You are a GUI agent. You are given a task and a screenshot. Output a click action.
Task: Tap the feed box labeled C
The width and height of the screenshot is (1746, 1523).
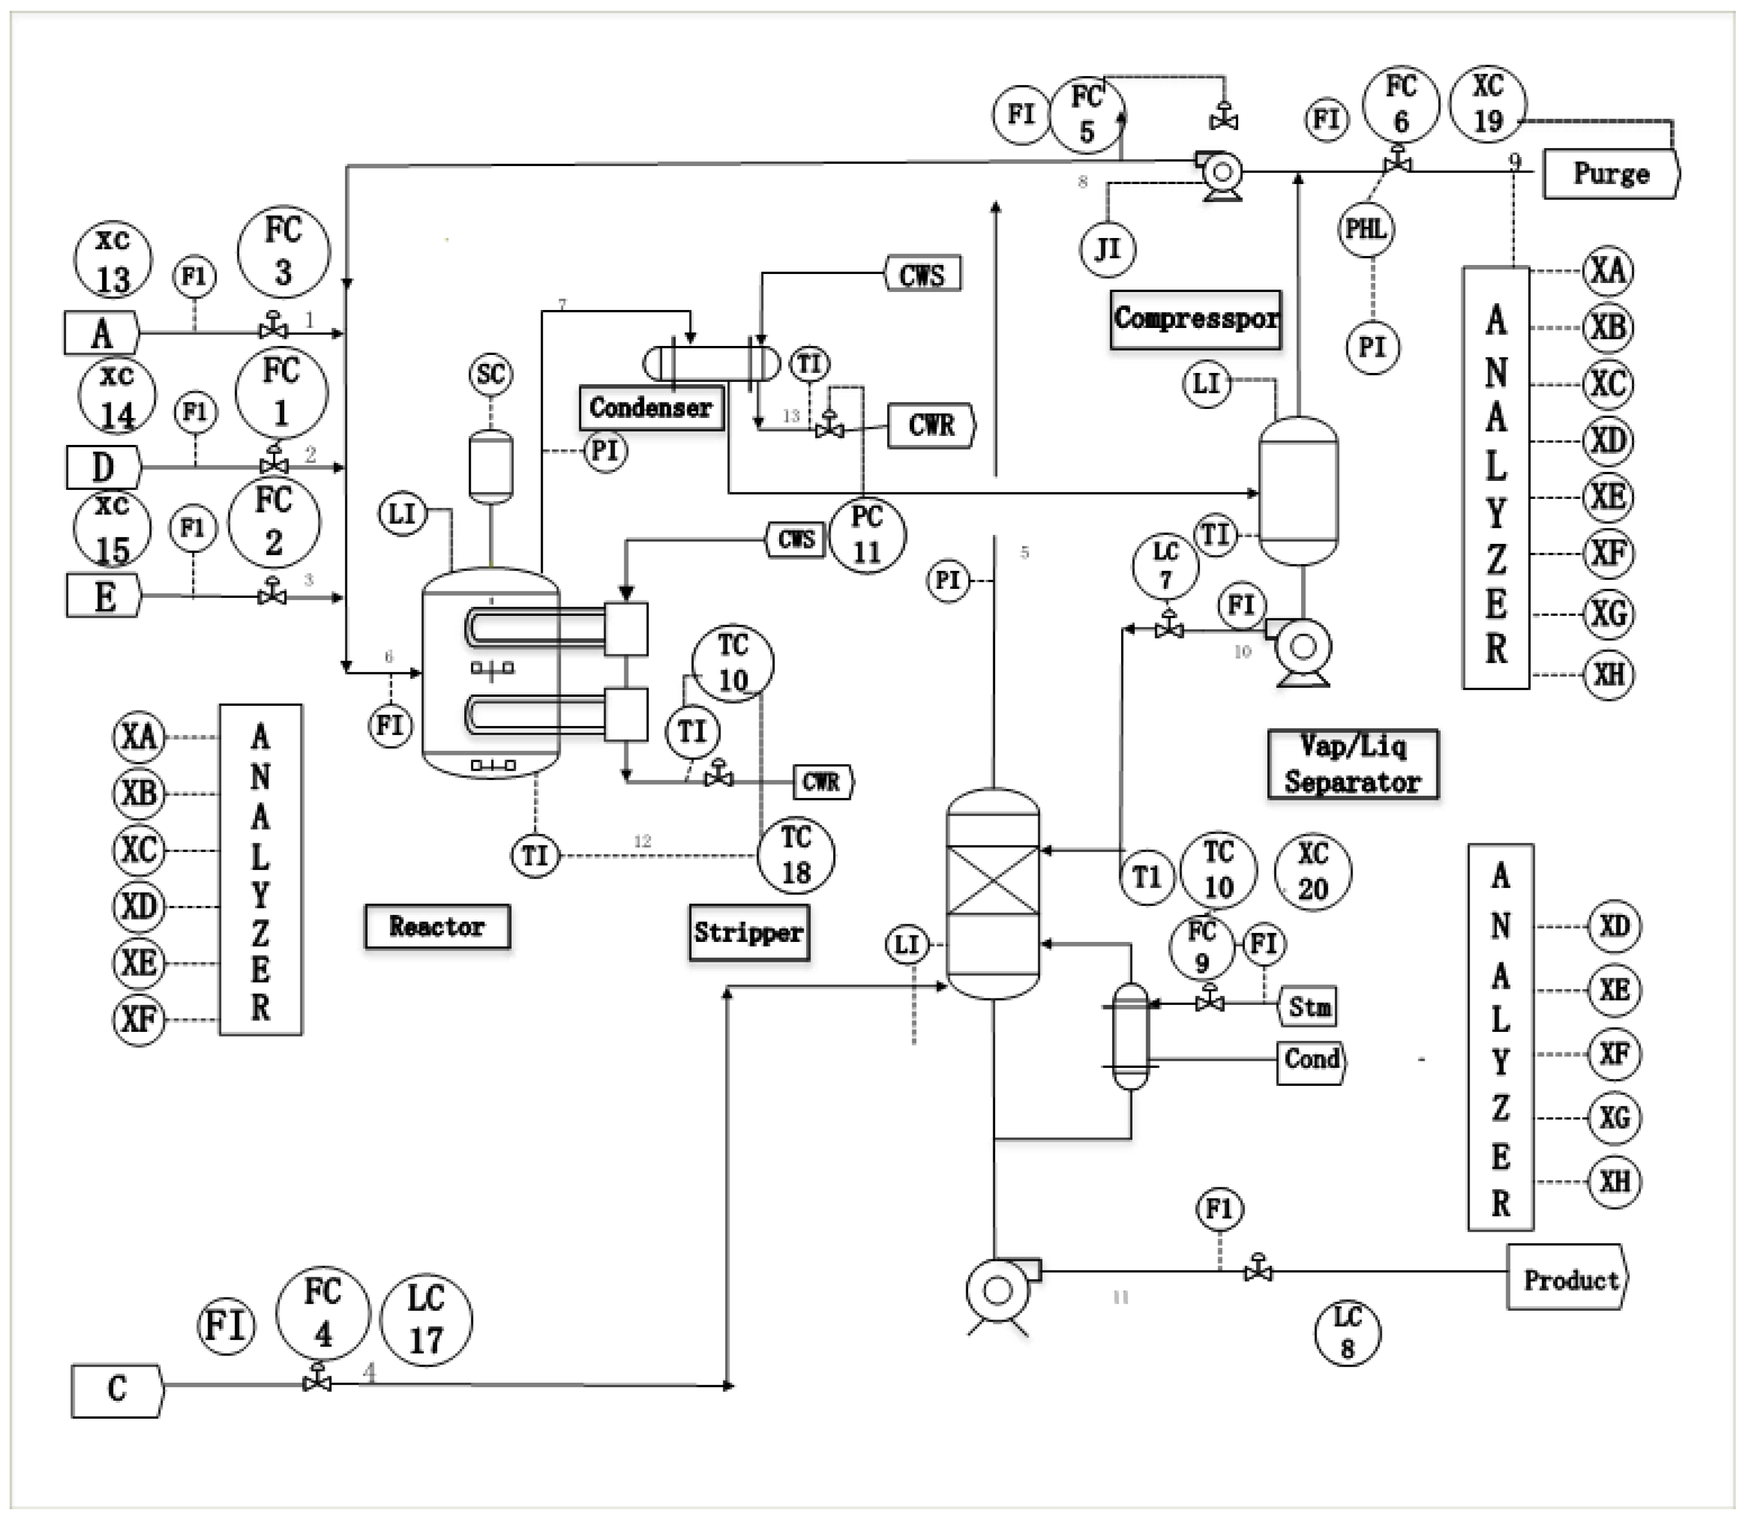(116, 1390)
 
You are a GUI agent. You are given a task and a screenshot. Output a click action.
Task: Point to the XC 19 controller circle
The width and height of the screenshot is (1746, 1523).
(1487, 104)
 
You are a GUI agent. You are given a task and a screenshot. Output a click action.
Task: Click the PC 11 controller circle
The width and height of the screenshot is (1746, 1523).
(866, 535)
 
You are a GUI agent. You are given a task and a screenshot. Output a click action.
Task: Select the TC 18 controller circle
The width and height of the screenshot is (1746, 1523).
(796, 855)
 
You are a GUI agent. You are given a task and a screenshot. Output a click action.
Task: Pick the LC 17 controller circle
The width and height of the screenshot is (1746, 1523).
(426, 1319)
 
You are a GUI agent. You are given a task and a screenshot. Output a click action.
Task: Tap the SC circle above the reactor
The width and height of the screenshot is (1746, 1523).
(491, 374)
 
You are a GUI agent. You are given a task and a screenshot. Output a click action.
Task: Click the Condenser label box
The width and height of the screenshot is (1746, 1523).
(651, 408)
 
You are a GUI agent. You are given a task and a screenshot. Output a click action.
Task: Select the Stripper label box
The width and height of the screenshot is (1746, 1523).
(748, 932)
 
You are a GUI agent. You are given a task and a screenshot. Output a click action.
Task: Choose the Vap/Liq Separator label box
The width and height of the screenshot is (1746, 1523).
(1353, 764)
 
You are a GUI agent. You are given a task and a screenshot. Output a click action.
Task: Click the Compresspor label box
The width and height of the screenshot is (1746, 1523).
(1195, 319)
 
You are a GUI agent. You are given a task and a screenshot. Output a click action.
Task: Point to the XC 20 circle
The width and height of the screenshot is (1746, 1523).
(1312, 871)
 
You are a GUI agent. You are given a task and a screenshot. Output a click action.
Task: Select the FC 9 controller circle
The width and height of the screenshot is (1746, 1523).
(1201, 947)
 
